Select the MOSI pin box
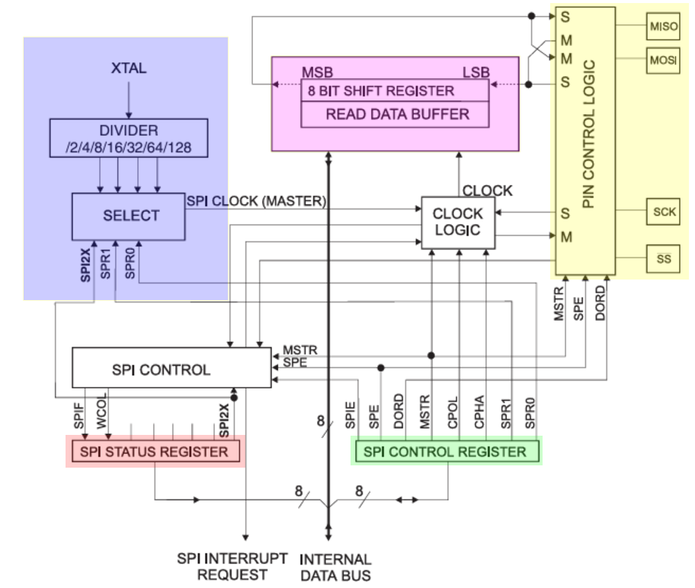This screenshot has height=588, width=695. (x=663, y=60)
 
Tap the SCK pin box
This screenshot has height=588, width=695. (x=664, y=212)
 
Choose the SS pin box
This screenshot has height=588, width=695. (x=663, y=259)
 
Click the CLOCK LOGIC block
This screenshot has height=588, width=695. (x=458, y=222)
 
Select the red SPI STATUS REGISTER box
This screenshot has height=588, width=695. (x=155, y=452)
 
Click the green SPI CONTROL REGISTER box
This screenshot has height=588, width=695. (x=446, y=451)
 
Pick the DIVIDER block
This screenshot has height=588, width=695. (x=128, y=138)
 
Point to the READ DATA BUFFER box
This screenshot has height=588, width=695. (x=397, y=114)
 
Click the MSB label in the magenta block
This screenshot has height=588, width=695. (x=318, y=72)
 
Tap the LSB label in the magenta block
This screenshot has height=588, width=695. (x=477, y=72)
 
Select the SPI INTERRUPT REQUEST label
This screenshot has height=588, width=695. (x=232, y=566)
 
